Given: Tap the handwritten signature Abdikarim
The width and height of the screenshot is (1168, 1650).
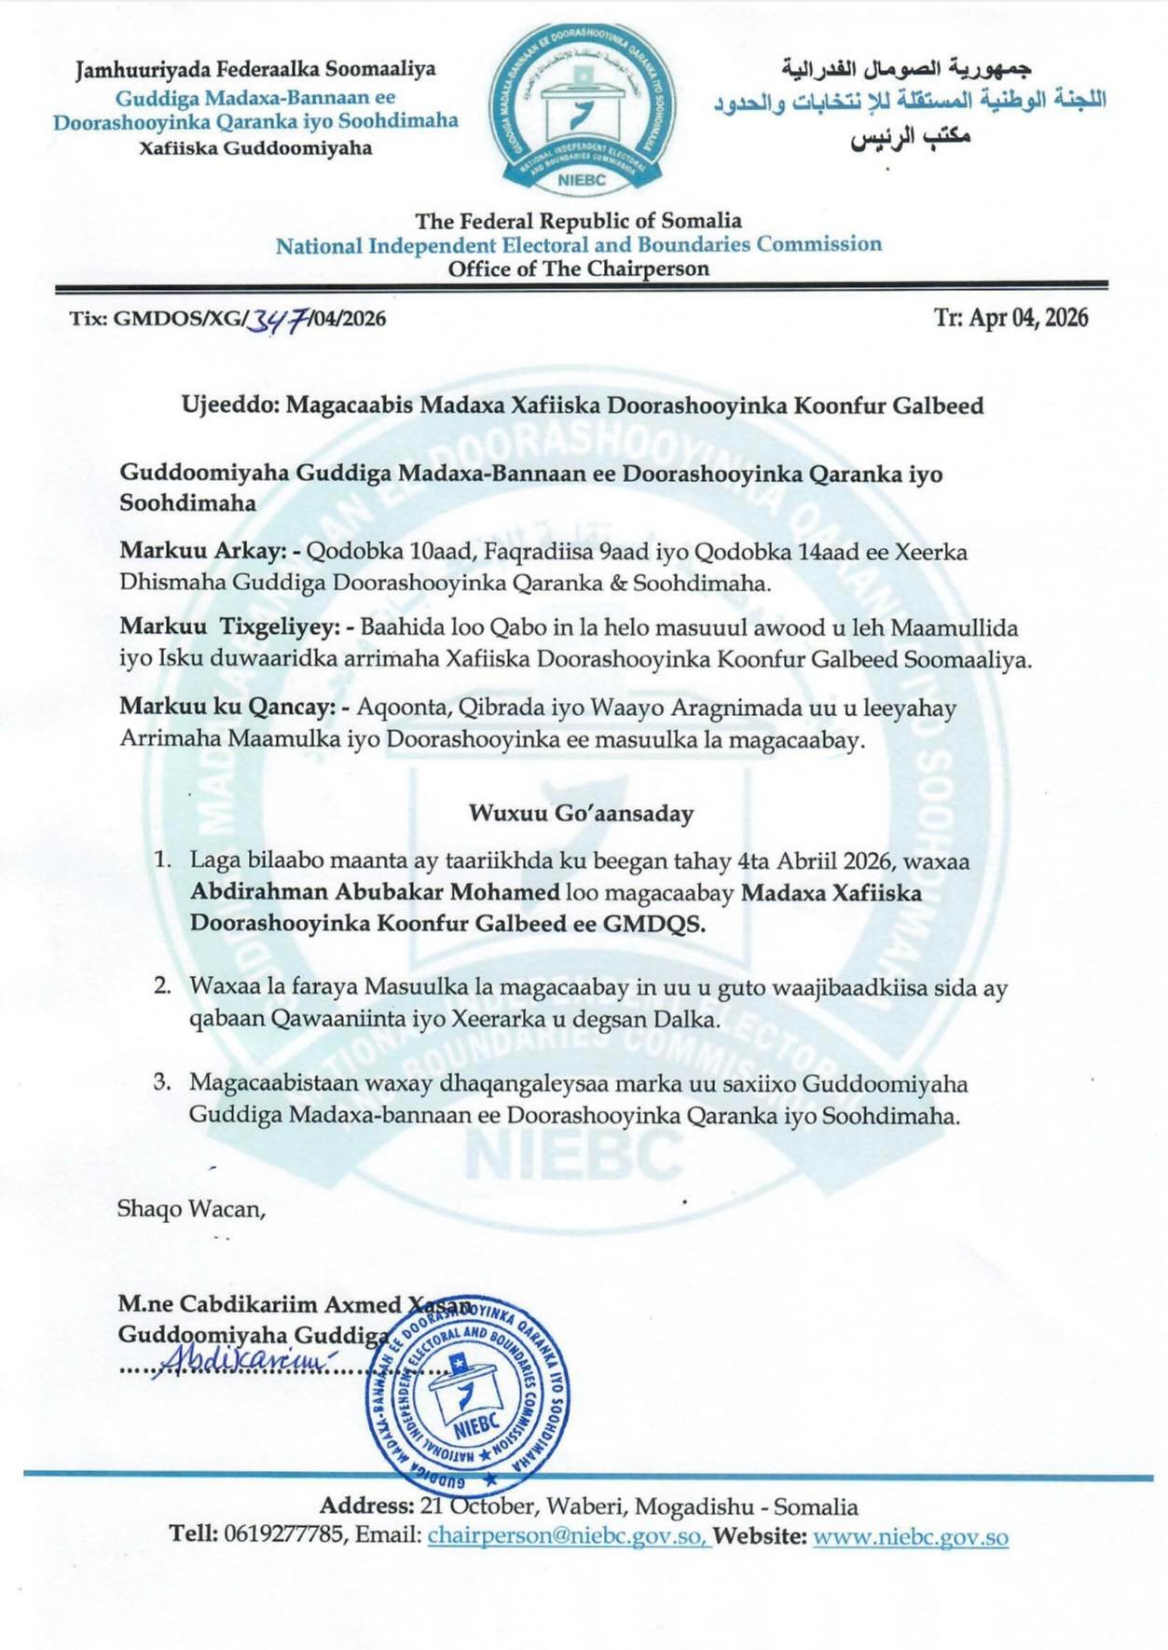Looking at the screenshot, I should point(245,1363).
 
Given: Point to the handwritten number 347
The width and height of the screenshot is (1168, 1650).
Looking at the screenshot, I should point(277,320).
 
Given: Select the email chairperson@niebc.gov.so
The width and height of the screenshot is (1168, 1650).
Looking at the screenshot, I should point(569,1536).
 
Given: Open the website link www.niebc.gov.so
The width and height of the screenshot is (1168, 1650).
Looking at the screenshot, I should point(910,1536).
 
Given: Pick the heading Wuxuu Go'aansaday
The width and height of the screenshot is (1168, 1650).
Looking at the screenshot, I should point(582,813).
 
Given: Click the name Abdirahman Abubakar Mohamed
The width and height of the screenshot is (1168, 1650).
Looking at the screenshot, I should point(375,892).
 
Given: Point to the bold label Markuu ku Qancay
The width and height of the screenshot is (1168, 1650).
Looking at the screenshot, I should point(227,708).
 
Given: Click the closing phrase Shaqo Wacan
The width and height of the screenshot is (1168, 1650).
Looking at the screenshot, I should point(191,1209).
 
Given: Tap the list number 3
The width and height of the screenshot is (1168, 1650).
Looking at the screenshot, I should point(162,1083).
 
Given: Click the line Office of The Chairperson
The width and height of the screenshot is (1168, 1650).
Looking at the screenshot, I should point(578,269).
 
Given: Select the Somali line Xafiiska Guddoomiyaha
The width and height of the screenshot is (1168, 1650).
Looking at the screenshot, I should point(254,147).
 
